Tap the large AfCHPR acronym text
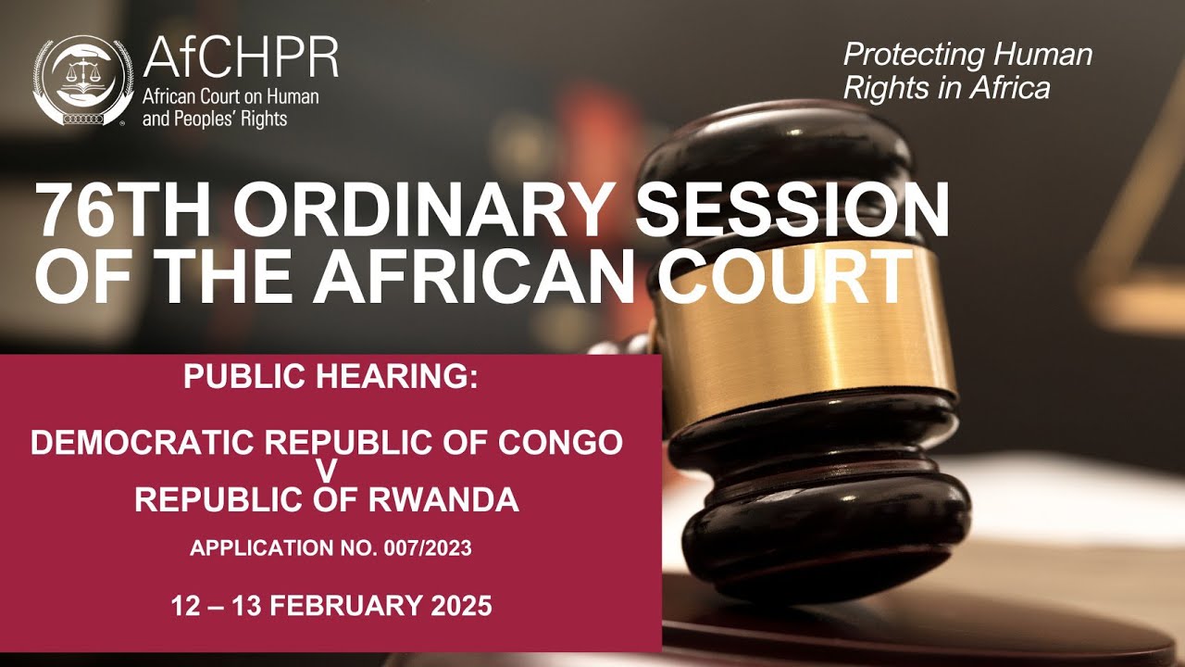pos(241,58)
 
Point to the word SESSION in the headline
pos(794,211)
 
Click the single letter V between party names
pos(327,472)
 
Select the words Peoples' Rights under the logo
pos(215,119)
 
